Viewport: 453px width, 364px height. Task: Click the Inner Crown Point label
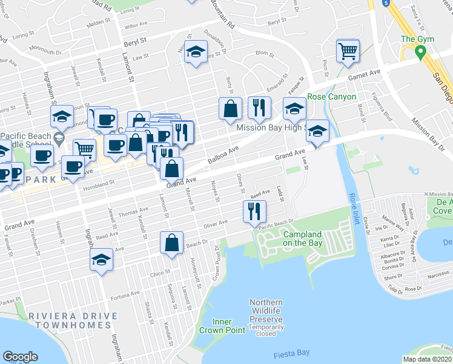tap(222, 326)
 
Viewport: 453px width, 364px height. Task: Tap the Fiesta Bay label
tap(291, 352)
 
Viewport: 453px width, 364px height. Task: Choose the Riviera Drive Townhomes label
tap(67, 320)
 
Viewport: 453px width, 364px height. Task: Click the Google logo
tap(20, 357)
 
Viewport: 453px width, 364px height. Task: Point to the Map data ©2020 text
tap(426, 359)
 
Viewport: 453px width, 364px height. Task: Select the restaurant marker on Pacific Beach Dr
tap(254, 212)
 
